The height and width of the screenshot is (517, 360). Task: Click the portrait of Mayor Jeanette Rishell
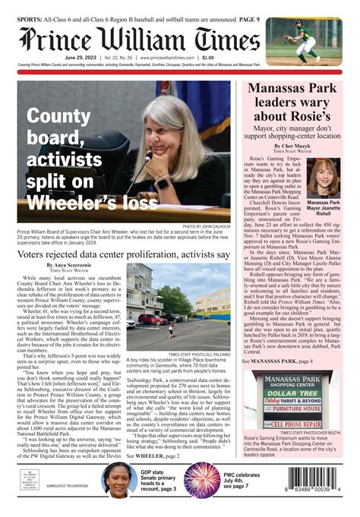click(x=324, y=178)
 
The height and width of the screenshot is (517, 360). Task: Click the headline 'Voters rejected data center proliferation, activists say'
click(x=123, y=254)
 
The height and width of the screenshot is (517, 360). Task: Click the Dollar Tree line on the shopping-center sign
click(x=292, y=395)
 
